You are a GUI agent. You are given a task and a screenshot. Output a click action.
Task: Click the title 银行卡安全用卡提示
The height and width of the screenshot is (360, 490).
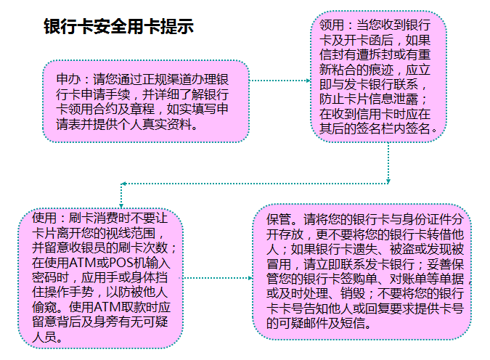point(118,28)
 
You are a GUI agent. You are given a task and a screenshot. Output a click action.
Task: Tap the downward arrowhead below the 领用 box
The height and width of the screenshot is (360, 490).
point(388,180)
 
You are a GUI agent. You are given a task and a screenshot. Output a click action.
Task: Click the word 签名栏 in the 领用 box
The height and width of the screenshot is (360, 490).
point(385,131)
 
